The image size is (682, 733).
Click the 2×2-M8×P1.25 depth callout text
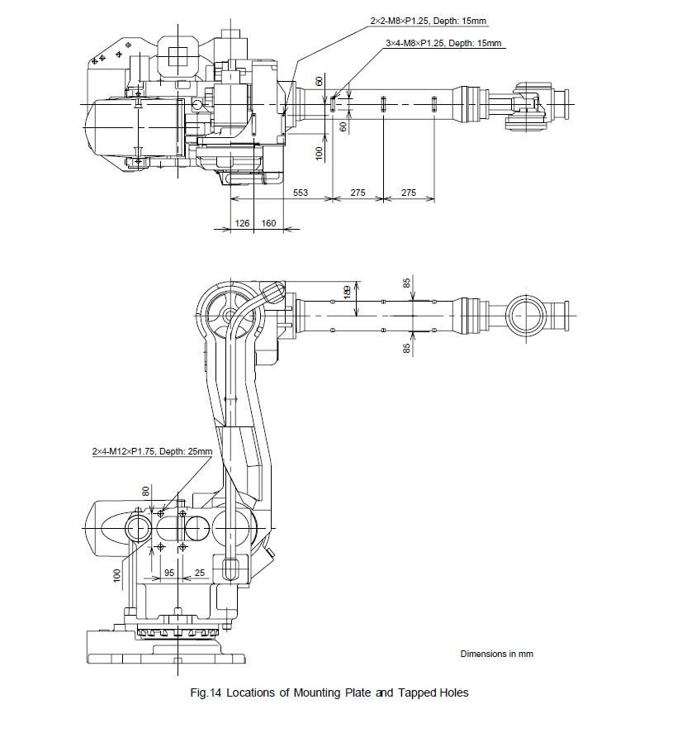click(429, 21)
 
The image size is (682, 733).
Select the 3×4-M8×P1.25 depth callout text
click(443, 44)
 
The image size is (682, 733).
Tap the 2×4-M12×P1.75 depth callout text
click(152, 451)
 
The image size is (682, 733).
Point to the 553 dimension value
click(301, 193)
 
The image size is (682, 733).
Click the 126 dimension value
click(242, 223)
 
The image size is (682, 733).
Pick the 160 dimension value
click(268, 223)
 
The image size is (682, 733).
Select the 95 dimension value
click(169, 573)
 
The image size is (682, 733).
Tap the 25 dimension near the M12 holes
click(200, 573)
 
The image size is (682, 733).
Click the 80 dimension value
click(146, 492)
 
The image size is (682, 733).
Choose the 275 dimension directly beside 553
click(358, 193)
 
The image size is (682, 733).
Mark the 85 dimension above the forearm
click(407, 283)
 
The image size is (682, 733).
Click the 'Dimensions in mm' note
click(496, 654)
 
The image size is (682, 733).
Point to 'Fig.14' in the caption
click(206, 693)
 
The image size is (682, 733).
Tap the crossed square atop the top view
click(178, 57)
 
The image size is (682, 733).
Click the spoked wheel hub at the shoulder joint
click(230, 315)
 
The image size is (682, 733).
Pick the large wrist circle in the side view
click(527, 316)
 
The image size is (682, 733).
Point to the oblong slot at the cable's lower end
click(230, 569)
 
